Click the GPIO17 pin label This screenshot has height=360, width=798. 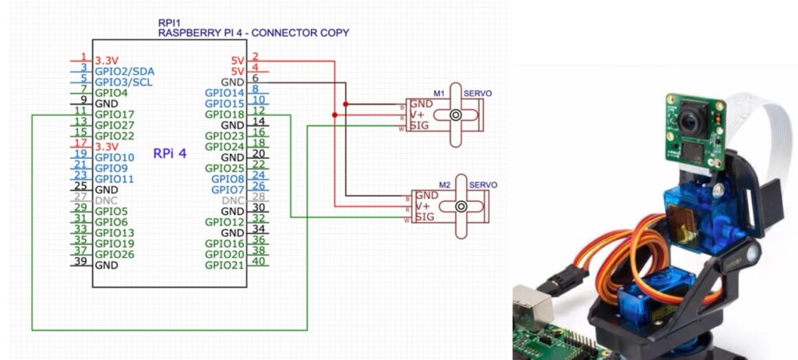point(113,115)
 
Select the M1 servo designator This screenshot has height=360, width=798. point(439,94)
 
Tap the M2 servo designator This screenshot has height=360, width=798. point(445,185)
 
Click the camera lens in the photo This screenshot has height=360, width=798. point(689,121)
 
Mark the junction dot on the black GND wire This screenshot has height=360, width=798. point(345,104)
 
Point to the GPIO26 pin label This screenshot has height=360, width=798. point(114,254)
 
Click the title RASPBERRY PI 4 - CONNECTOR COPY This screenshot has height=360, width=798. point(253,33)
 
